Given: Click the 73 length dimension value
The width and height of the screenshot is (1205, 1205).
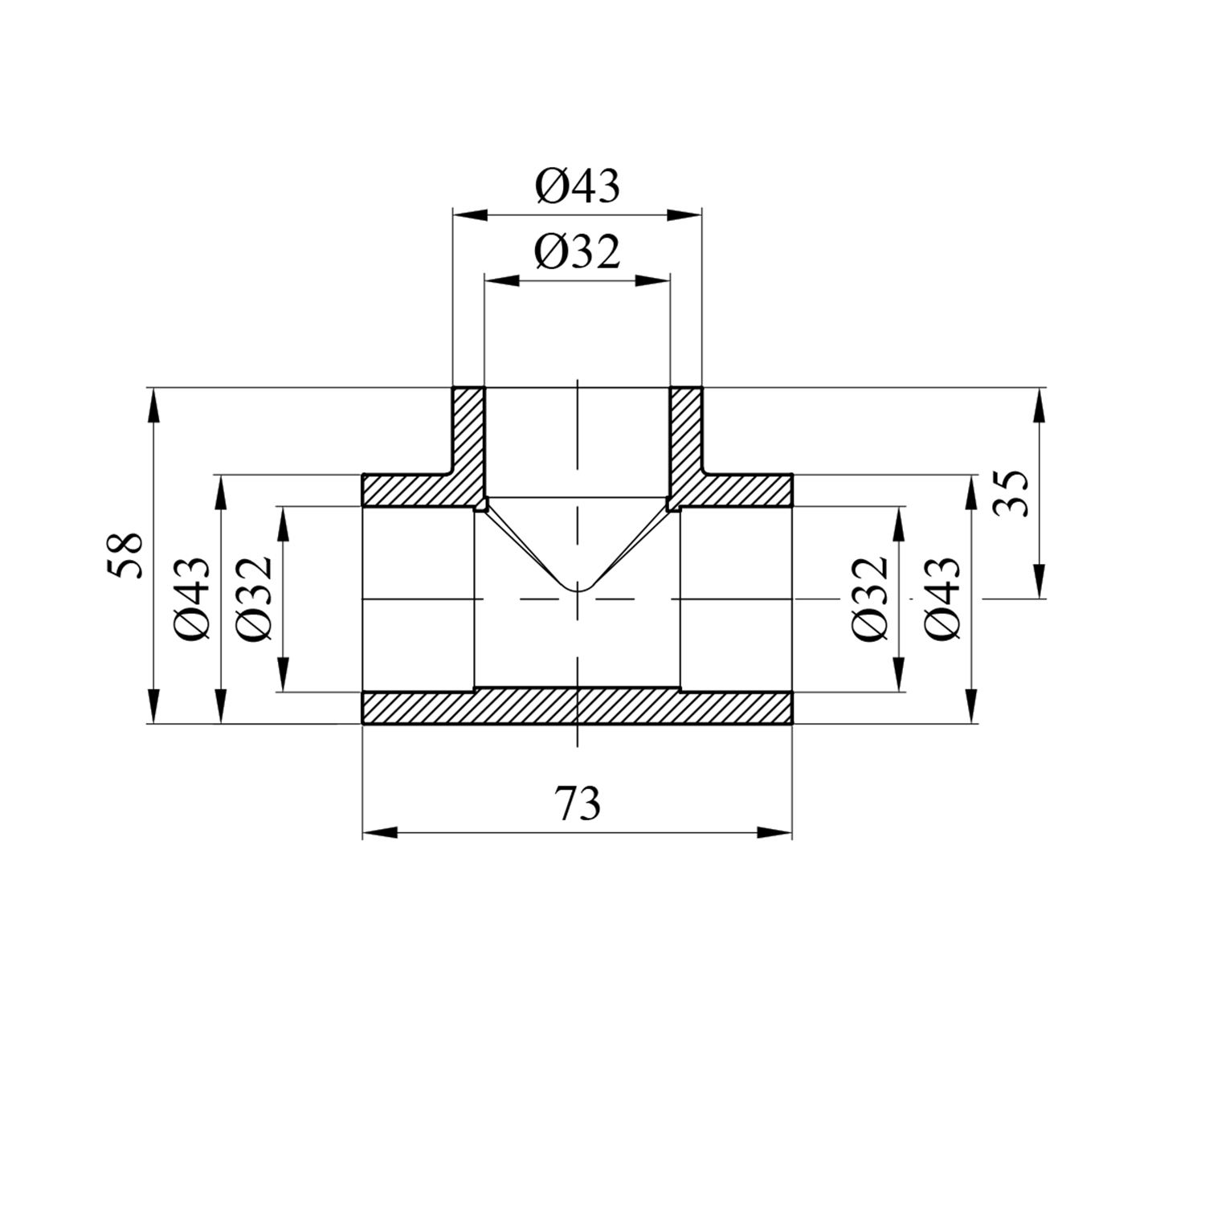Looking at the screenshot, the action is point(578,803).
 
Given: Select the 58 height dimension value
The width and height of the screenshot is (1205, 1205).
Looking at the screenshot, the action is point(126,554).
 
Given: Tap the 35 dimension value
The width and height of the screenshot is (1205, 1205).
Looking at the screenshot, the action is point(1011,493).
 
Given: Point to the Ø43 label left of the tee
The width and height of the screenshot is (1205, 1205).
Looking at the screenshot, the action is point(193,598).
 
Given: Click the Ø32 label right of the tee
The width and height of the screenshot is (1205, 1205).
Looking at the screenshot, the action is point(872,598).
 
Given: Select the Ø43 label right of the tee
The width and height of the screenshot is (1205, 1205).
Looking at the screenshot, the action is point(942,598).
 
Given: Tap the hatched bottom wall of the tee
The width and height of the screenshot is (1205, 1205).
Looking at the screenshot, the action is point(578,707).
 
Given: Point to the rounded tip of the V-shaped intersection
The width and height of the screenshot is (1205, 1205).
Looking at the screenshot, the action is point(578,590).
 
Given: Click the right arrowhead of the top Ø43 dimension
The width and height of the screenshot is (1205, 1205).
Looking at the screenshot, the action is point(685,214).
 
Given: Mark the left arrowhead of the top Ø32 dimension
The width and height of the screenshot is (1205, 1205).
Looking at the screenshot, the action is point(501,280).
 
